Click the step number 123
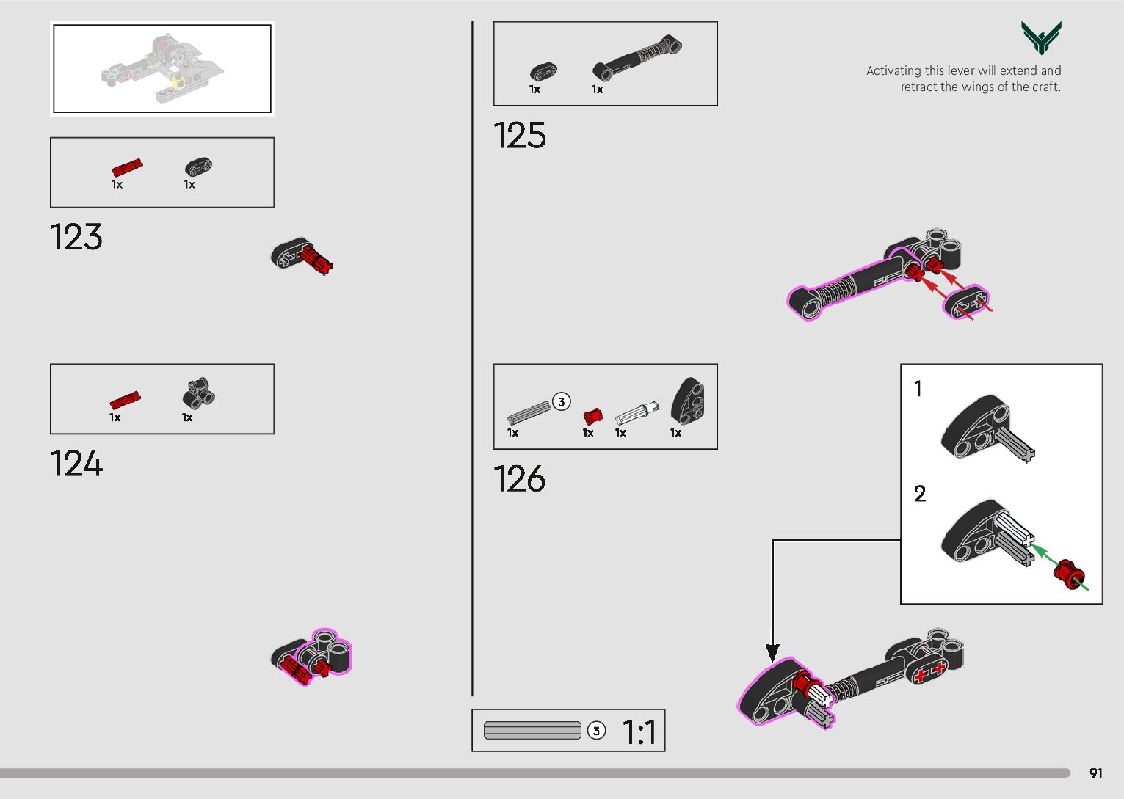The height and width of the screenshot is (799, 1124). coord(76,237)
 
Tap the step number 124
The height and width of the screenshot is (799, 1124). coord(76,464)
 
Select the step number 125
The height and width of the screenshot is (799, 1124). coord(519,136)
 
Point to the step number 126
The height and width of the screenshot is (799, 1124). coord(519,479)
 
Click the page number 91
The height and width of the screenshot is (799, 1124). coord(1095,773)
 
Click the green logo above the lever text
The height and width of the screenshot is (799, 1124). coord(1040,37)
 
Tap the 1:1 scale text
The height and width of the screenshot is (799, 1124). coord(639,731)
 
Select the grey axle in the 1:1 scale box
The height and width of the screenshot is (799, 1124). coord(532,730)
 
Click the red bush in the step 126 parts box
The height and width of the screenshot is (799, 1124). coord(592,416)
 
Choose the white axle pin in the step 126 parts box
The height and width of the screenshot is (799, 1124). coord(636,413)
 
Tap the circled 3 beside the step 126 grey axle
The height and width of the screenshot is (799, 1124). coord(562,402)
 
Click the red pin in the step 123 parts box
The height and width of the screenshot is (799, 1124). coord(127,168)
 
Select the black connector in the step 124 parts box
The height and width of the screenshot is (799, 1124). coord(198,394)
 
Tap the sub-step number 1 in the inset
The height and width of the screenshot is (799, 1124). coord(918,388)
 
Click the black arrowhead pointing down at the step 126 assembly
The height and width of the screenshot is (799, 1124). coord(772,652)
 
